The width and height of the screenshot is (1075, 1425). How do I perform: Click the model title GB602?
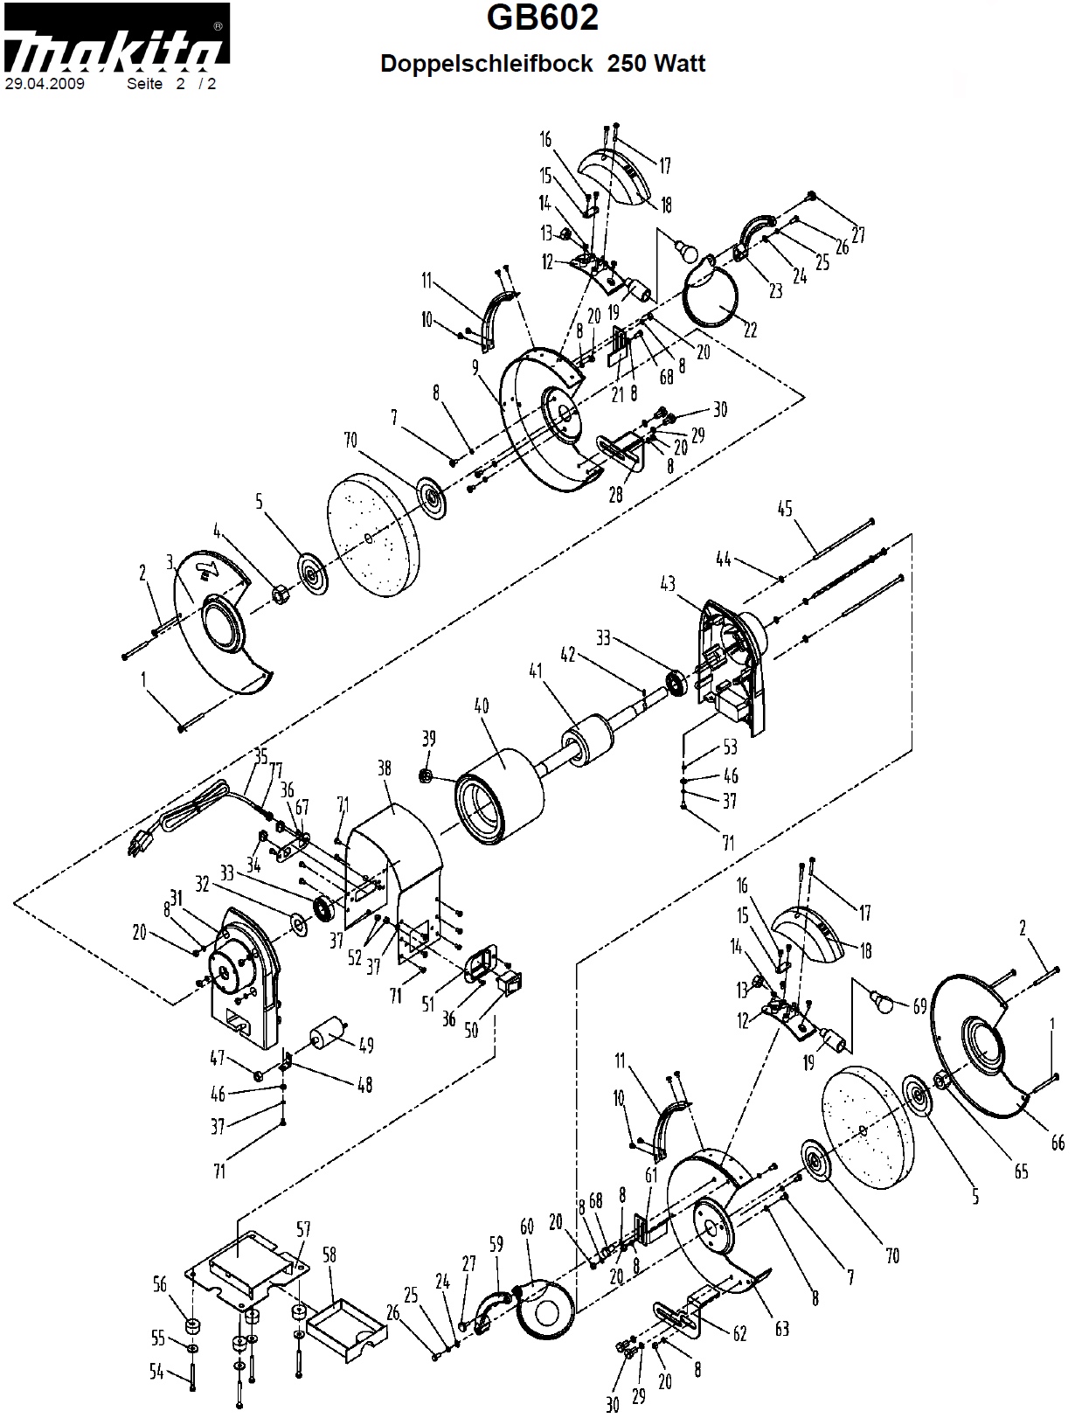click(543, 17)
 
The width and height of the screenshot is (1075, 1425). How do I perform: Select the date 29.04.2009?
click(45, 84)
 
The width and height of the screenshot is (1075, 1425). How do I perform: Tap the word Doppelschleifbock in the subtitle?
click(486, 64)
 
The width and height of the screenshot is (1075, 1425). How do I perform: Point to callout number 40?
click(481, 706)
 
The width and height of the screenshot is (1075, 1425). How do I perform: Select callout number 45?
click(784, 508)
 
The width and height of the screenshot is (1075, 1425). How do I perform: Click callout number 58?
click(329, 1255)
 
